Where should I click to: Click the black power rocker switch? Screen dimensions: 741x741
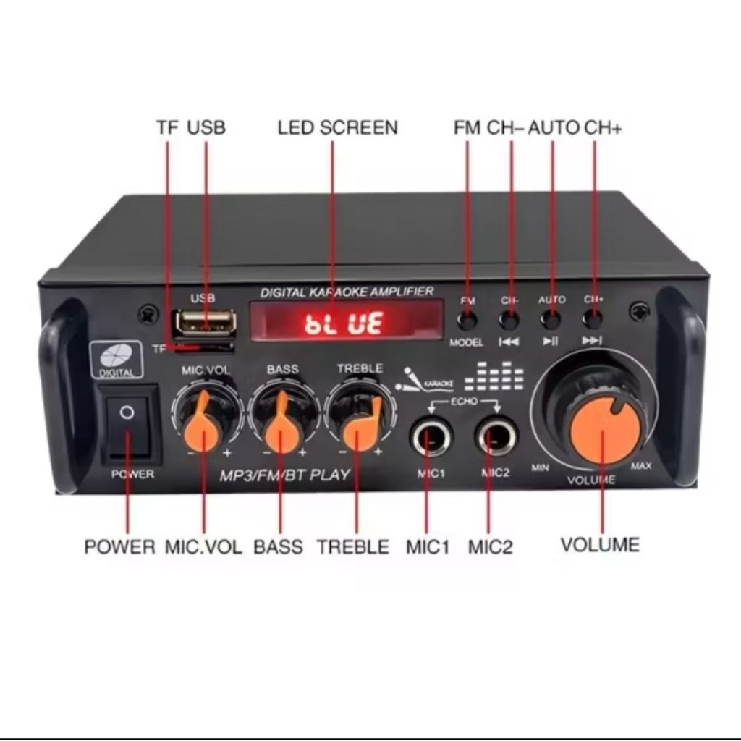[x=129, y=423]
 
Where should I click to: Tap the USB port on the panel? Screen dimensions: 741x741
[x=206, y=323]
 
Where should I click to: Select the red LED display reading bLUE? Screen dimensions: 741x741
[x=346, y=320]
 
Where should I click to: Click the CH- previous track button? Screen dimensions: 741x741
[x=509, y=319]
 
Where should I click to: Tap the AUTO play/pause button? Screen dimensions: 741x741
[x=551, y=319]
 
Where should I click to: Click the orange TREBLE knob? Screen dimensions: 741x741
[x=360, y=423]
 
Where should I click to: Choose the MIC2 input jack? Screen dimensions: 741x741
[x=496, y=438]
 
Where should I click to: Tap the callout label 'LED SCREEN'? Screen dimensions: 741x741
[x=337, y=128]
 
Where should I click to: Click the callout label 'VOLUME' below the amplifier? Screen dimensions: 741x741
[x=600, y=544]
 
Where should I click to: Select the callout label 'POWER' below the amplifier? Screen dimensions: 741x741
[x=119, y=546]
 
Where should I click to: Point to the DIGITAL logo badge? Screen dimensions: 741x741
[x=116, y=360]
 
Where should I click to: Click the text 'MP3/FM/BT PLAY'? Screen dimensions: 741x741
[x=284, y=475]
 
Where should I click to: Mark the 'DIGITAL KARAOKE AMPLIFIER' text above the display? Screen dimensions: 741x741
[x=347, y=292]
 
